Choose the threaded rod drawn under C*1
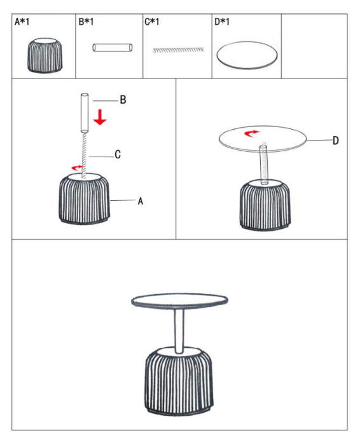[x=178, y=49]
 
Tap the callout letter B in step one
[x=123, y=100]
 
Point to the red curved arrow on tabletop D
[x=253, y=132]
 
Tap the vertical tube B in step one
[x=84, y=112]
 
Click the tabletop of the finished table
[x=179, y=300]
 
